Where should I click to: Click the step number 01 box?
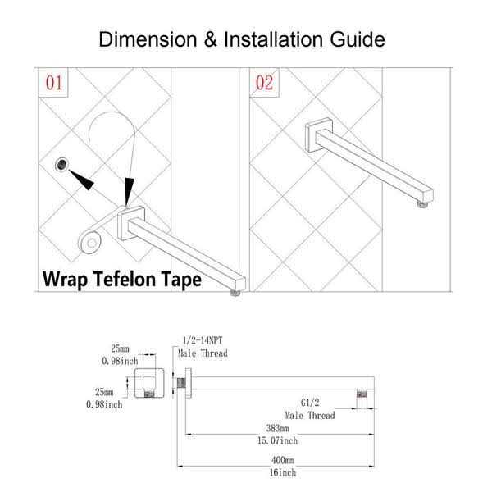pos(52,83)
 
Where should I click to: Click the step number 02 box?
pos(264,83)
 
